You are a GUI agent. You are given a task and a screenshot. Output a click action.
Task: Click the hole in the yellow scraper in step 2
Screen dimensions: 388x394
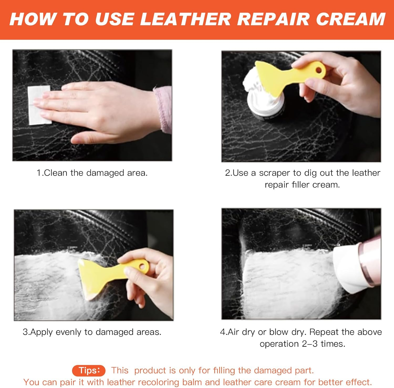click(x=319, y=70)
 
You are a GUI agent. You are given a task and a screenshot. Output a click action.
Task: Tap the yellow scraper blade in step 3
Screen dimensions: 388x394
click(x=92, y=278)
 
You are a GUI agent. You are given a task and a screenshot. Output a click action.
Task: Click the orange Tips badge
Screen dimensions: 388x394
click(x=89, y=370)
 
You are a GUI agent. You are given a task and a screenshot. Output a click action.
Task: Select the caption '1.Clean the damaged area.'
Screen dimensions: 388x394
click(x=92, y=173)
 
